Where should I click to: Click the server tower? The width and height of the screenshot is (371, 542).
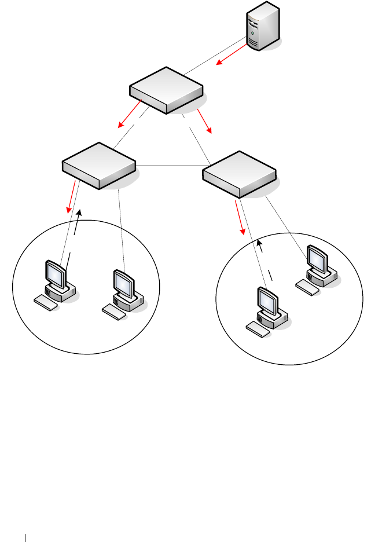coord(262,27)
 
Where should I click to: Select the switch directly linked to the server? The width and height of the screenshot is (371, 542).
coord(166,90)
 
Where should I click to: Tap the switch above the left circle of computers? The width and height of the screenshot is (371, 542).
coord(99,164)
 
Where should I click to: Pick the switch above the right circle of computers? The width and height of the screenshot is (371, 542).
coord(240,174)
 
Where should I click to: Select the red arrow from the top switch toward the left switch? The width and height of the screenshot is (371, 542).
coord(130,114)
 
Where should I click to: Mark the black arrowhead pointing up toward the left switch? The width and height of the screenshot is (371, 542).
coord(80,214)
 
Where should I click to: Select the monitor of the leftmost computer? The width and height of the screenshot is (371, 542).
coord(54,273)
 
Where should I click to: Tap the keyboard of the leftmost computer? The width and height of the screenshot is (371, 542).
coord(46,302)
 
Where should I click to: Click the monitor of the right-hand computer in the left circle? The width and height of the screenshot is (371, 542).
coord(123,282)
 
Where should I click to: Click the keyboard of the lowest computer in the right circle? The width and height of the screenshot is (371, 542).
coord(258,329)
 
